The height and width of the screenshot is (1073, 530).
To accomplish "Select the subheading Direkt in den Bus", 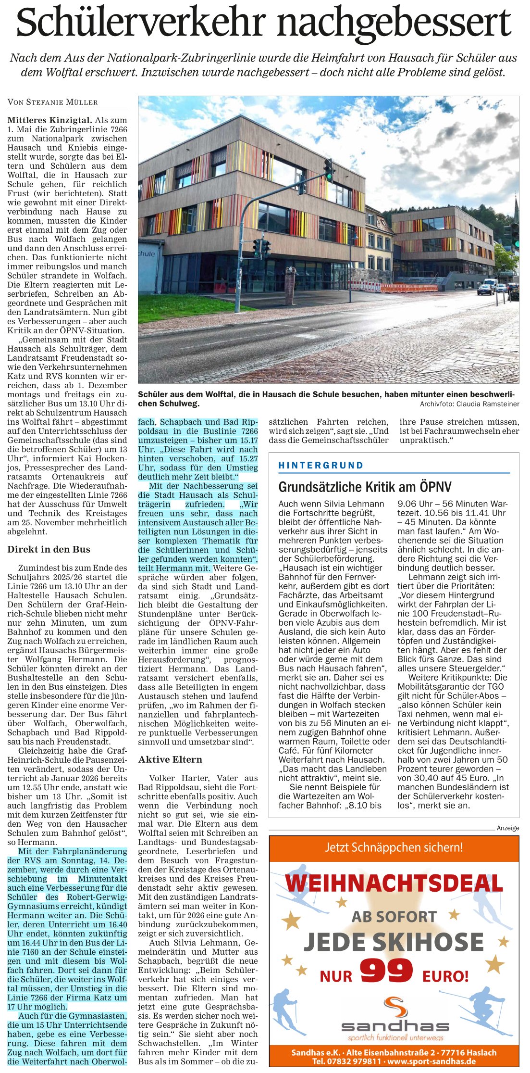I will pyautogui.click(x=49, y=549).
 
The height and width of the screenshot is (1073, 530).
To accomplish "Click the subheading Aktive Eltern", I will pyautogui.click(x=170, y=759).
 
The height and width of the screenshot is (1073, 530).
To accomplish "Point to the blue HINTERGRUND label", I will pyautogui.click(x=320, y=465).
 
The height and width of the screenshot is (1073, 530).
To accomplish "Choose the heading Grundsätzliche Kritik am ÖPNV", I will pyautogui.click(x=365, y=487).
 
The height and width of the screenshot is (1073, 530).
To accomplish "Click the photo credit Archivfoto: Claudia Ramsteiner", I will pyautogui.click(x=469, y=404).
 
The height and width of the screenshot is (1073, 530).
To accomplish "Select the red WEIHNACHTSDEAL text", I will pyautogui.click(x=394, y=884).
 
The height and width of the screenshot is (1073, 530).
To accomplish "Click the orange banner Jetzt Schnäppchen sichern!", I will pyautogui.click(x=394, y=847).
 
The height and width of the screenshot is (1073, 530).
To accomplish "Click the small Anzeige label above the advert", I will pyautogui.click(x=507, y=828).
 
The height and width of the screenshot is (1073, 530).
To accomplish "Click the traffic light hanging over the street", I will pyautogui.click(x=329, y=169).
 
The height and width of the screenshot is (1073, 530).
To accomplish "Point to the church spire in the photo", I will pyautogui.click(x=516, y=207).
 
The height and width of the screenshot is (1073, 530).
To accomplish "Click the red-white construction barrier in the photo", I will pyautogui.click(x=408, y=288).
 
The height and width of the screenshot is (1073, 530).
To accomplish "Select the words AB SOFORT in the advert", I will pyautogui.click(x=394, y=916).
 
